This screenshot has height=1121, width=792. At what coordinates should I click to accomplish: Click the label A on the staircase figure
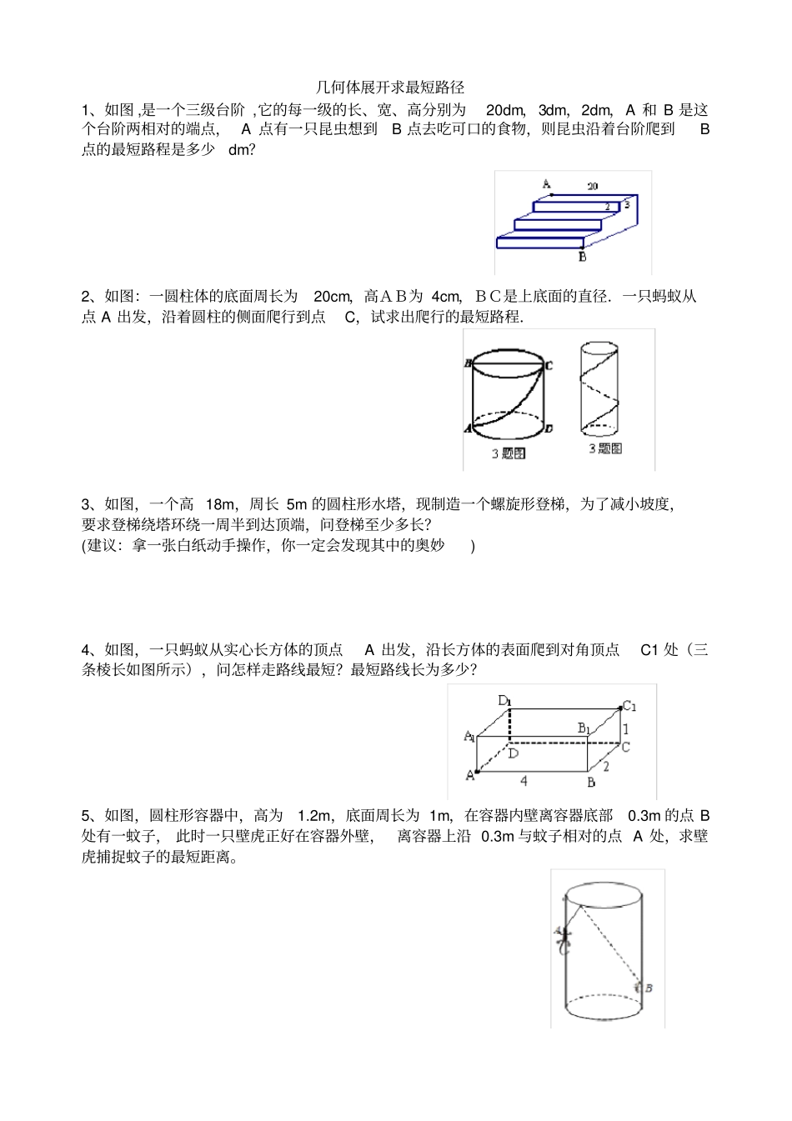click(x=546, y=184)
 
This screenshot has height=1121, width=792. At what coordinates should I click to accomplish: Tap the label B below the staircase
click(x=582, y=257)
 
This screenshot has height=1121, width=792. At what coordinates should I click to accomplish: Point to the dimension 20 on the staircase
click(x=592, y=187)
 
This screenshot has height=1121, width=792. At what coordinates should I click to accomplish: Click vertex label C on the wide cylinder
click(x=549, y=365)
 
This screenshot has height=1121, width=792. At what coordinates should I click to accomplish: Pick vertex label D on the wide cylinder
click(x=548, y=428)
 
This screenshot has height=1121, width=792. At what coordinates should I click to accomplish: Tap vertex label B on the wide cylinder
click(x=469, y=363)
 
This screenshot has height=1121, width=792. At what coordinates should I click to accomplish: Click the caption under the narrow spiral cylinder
click(x=605, y=448)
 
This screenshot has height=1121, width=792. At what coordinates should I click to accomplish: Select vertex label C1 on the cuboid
click(x=629, y=707)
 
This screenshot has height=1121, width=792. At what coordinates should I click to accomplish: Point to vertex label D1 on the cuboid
click(x=505, y=700)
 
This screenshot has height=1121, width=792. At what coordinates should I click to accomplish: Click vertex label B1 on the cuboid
click(x=584, y=728)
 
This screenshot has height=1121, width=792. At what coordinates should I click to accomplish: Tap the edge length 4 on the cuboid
click(x=524, y=782)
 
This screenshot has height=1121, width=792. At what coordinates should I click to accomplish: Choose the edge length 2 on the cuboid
click(x=606, y=766)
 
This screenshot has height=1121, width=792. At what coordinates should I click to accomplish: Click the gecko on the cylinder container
click(x=564, y=938)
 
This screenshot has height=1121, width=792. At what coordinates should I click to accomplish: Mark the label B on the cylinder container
click(x=649, y=988)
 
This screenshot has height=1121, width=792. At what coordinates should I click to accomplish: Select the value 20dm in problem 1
click(x=504, y=110)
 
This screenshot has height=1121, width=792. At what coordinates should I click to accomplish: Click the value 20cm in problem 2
click(x=332, y=297)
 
